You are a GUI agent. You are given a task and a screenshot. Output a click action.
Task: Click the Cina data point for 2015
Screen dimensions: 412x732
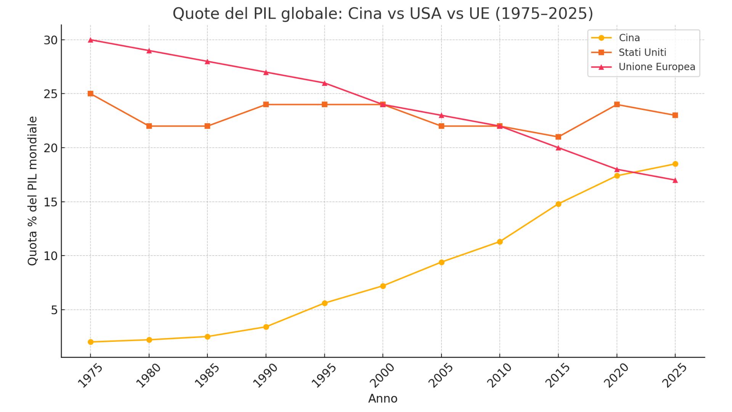[558, 204]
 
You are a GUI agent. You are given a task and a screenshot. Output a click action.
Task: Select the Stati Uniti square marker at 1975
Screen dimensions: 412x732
[91, 94]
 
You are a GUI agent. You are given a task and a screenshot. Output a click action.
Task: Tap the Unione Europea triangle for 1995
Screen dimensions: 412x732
[324, 83]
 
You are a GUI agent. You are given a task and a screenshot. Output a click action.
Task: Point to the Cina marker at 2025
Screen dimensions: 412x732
[675, 164]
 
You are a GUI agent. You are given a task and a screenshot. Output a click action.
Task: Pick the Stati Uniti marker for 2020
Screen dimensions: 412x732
[617, 105]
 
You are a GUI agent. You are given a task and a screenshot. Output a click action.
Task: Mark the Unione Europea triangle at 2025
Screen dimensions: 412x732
[675, 180]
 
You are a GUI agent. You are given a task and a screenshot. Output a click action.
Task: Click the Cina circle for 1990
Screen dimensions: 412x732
[266, 327]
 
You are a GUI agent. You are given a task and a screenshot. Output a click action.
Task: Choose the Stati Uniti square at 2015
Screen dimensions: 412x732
[558, 137]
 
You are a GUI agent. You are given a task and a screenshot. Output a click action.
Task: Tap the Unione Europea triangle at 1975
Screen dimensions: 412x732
[91, 40]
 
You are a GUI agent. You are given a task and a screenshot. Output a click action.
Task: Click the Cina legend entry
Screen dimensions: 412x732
[629, 38]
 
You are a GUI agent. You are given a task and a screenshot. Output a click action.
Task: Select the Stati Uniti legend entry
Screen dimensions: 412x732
[642, 52]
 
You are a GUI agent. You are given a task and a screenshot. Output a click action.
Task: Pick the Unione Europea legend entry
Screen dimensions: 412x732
[657, 67]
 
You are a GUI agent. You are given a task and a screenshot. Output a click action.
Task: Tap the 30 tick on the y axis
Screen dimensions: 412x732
[50, 40]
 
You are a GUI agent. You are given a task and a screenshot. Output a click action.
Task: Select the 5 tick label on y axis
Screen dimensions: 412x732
[54, 310]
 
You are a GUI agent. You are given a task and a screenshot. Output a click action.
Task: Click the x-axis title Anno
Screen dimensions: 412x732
[383, 399]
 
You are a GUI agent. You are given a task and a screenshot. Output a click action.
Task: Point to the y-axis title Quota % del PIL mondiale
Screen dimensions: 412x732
[33, 191]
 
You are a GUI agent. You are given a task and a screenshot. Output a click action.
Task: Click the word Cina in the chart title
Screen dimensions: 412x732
[365, 14]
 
